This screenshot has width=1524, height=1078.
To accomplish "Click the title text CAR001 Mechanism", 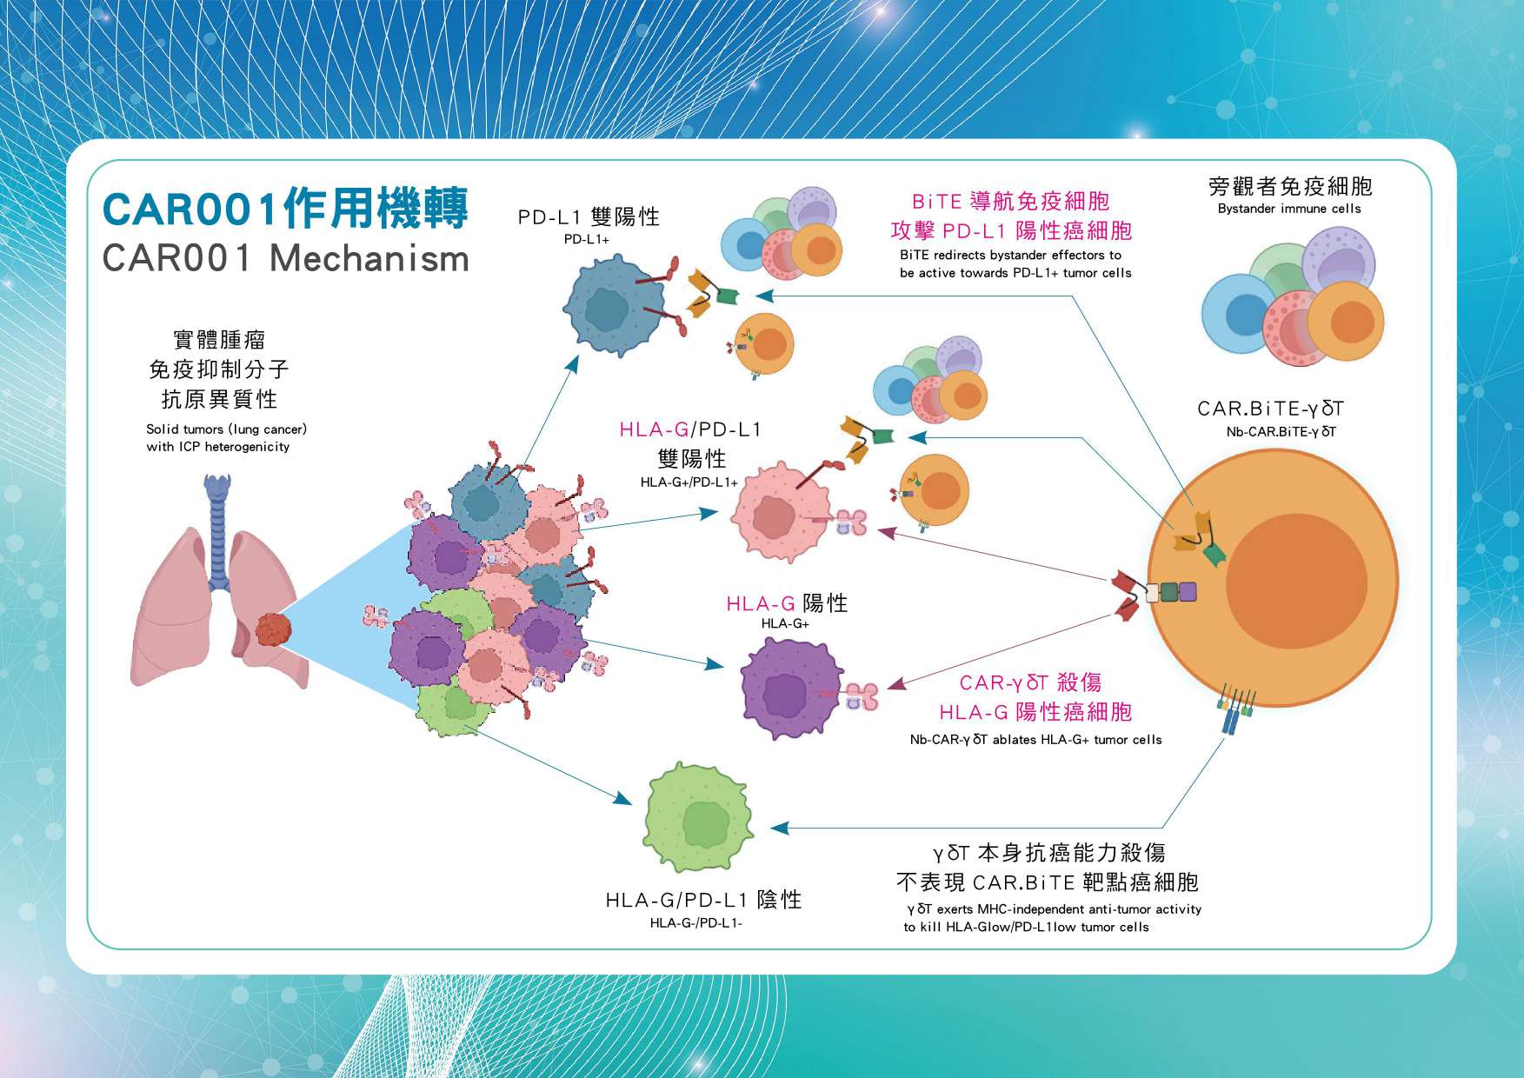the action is [x=285, y=258].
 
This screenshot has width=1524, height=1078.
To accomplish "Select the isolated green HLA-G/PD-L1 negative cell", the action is [x=697, y=816].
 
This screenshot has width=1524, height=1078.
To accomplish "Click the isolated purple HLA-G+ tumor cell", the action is [x=791, y=689].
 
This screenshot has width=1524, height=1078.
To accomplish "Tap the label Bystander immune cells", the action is [x=1289, y=209].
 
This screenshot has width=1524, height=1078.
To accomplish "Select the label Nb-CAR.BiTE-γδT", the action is [x=1281, y=431].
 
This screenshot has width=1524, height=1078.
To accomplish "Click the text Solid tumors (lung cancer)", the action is [x=226, y=429].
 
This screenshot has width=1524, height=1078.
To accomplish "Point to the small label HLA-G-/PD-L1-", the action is [x=695, y=922].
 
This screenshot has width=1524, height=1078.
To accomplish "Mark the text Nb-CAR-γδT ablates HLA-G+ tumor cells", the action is [x=1035, y=740].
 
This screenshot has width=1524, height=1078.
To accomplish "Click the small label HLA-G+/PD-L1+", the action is [x=689, y=482].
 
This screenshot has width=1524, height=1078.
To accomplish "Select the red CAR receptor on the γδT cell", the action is [x=1128, y=595].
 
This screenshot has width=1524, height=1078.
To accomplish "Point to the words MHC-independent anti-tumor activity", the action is [x=1089, y=909].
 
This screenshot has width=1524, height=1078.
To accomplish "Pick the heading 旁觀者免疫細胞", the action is [x=1290, y=186].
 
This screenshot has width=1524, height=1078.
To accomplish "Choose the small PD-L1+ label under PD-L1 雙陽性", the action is [x=587, y=239].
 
